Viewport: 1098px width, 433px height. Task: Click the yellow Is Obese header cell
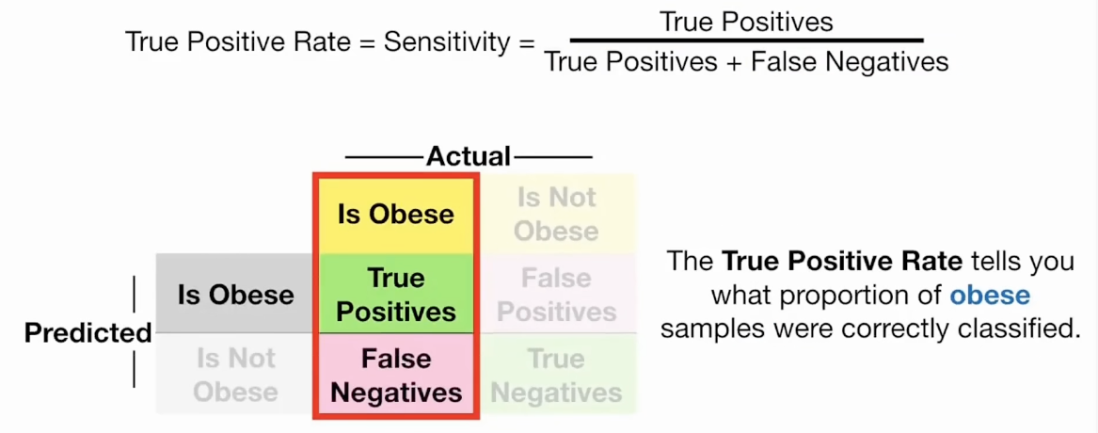(395, 214)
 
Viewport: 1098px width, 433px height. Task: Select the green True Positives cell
(395, 295)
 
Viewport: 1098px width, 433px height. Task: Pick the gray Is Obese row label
(235, 295)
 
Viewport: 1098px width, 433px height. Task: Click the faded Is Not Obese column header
(556, 214)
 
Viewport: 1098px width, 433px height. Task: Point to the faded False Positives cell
(556, 295)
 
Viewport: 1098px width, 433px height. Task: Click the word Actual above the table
(469, 156)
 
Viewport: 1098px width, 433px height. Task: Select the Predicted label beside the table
(88, 333)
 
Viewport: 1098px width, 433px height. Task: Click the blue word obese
(990, 296)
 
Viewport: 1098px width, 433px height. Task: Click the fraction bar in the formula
(746, 40)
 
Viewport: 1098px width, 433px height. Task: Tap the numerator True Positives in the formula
(746, 21)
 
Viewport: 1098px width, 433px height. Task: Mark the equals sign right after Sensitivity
(526, 43)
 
